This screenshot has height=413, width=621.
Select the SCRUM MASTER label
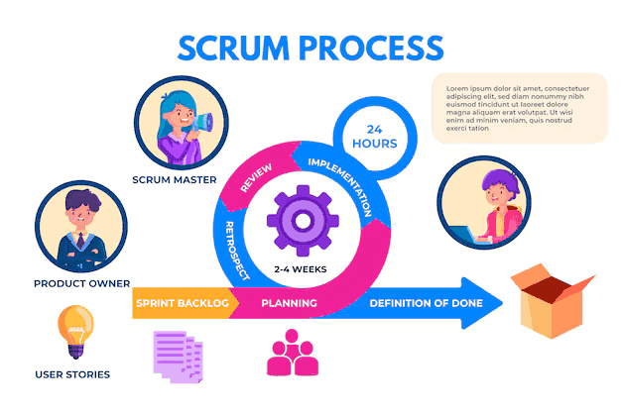point(176,180)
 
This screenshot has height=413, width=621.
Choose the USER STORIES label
point(72,374)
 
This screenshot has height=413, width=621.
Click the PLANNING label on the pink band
point(289,303)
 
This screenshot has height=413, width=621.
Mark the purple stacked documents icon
point(180,356)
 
